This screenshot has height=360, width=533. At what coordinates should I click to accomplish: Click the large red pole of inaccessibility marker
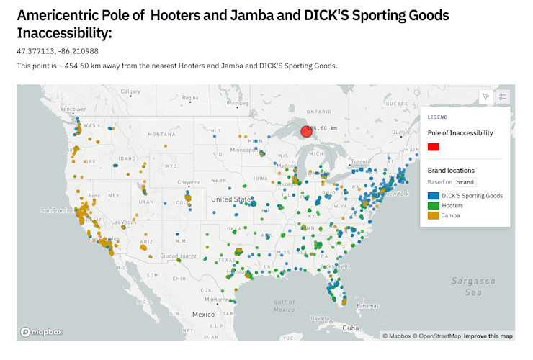click(306, 130)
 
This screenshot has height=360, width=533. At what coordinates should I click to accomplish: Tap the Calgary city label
click(130, 91)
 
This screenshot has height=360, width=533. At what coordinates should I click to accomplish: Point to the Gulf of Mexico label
click(285, 305)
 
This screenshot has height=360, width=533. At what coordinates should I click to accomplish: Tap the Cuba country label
click(350, 328)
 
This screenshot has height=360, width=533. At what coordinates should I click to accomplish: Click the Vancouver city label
click(73, 109)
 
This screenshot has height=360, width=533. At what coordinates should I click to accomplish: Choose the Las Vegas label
click(123, 222)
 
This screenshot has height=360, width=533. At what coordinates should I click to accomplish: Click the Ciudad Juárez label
click(178, 256)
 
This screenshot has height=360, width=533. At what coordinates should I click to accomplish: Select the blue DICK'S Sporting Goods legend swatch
click(434, 196)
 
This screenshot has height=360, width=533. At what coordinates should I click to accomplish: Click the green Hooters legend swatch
click(434, 206)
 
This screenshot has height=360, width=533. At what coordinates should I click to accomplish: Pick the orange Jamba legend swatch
click(434, 215)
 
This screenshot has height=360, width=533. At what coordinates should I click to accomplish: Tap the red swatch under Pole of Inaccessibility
click(434, 147)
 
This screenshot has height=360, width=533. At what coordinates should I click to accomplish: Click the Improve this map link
click(488, 336)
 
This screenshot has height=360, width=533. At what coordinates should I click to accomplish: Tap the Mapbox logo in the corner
click(42, 332)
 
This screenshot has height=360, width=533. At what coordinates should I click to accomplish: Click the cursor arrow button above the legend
click(486, 96)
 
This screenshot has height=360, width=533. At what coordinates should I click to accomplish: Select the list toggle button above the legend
click(503, 96)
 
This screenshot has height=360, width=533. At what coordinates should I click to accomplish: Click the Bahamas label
click(367, 305)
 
